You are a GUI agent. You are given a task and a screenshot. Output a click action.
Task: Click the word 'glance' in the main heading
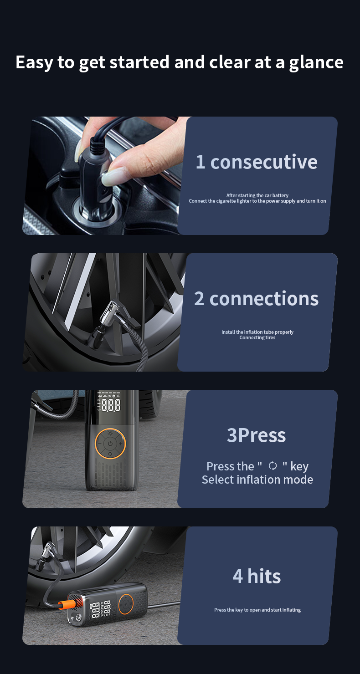point(316,63)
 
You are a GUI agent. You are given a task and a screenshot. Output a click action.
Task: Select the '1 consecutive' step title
point(257,162)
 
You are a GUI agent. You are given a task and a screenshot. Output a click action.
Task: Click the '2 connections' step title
point(256,298)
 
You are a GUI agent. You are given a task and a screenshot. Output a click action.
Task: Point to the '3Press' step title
point(256,435)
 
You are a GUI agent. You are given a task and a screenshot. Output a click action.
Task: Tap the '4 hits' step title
point(257,576)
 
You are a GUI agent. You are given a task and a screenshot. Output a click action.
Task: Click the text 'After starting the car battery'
point(257,195)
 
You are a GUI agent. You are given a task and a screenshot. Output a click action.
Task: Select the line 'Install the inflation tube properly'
point(257,332)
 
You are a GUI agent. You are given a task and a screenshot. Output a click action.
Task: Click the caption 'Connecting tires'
point(257,337)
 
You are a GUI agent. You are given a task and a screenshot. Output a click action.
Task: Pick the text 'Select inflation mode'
point(257,480)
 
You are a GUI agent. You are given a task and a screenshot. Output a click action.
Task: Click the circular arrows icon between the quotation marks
point(273,466)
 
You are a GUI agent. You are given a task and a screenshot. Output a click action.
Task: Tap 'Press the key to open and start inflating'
point(257,610)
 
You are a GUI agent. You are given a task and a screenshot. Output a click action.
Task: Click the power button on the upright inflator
point(110,444)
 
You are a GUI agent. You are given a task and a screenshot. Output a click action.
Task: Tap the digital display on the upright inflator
point(109,402)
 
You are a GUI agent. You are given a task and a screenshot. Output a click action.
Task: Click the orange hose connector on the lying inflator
point(66,604)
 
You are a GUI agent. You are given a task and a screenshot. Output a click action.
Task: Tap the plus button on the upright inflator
point(121,444)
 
